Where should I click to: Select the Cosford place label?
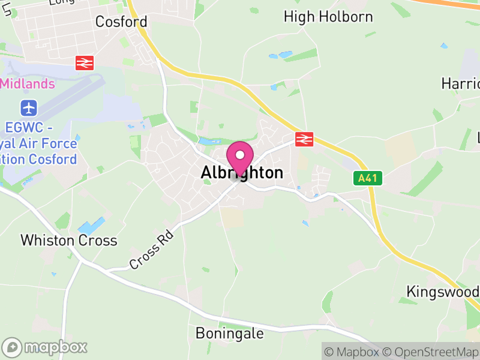coord(121,22)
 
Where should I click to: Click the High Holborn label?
coord(328,17)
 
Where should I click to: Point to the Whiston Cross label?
coord(68,241)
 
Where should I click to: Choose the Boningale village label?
coord(230,333)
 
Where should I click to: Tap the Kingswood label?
coord(443,292)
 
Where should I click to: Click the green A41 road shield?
coord(367,178)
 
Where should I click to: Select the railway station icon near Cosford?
coord(85,62)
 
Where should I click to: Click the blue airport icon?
coord(28,109)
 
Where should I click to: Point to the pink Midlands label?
coord(28,83)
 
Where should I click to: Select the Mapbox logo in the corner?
coord(45,347)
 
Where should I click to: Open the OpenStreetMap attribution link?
coord(430,352)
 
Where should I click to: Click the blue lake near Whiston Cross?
coord(91,226)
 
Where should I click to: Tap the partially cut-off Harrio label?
coord(460,83)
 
